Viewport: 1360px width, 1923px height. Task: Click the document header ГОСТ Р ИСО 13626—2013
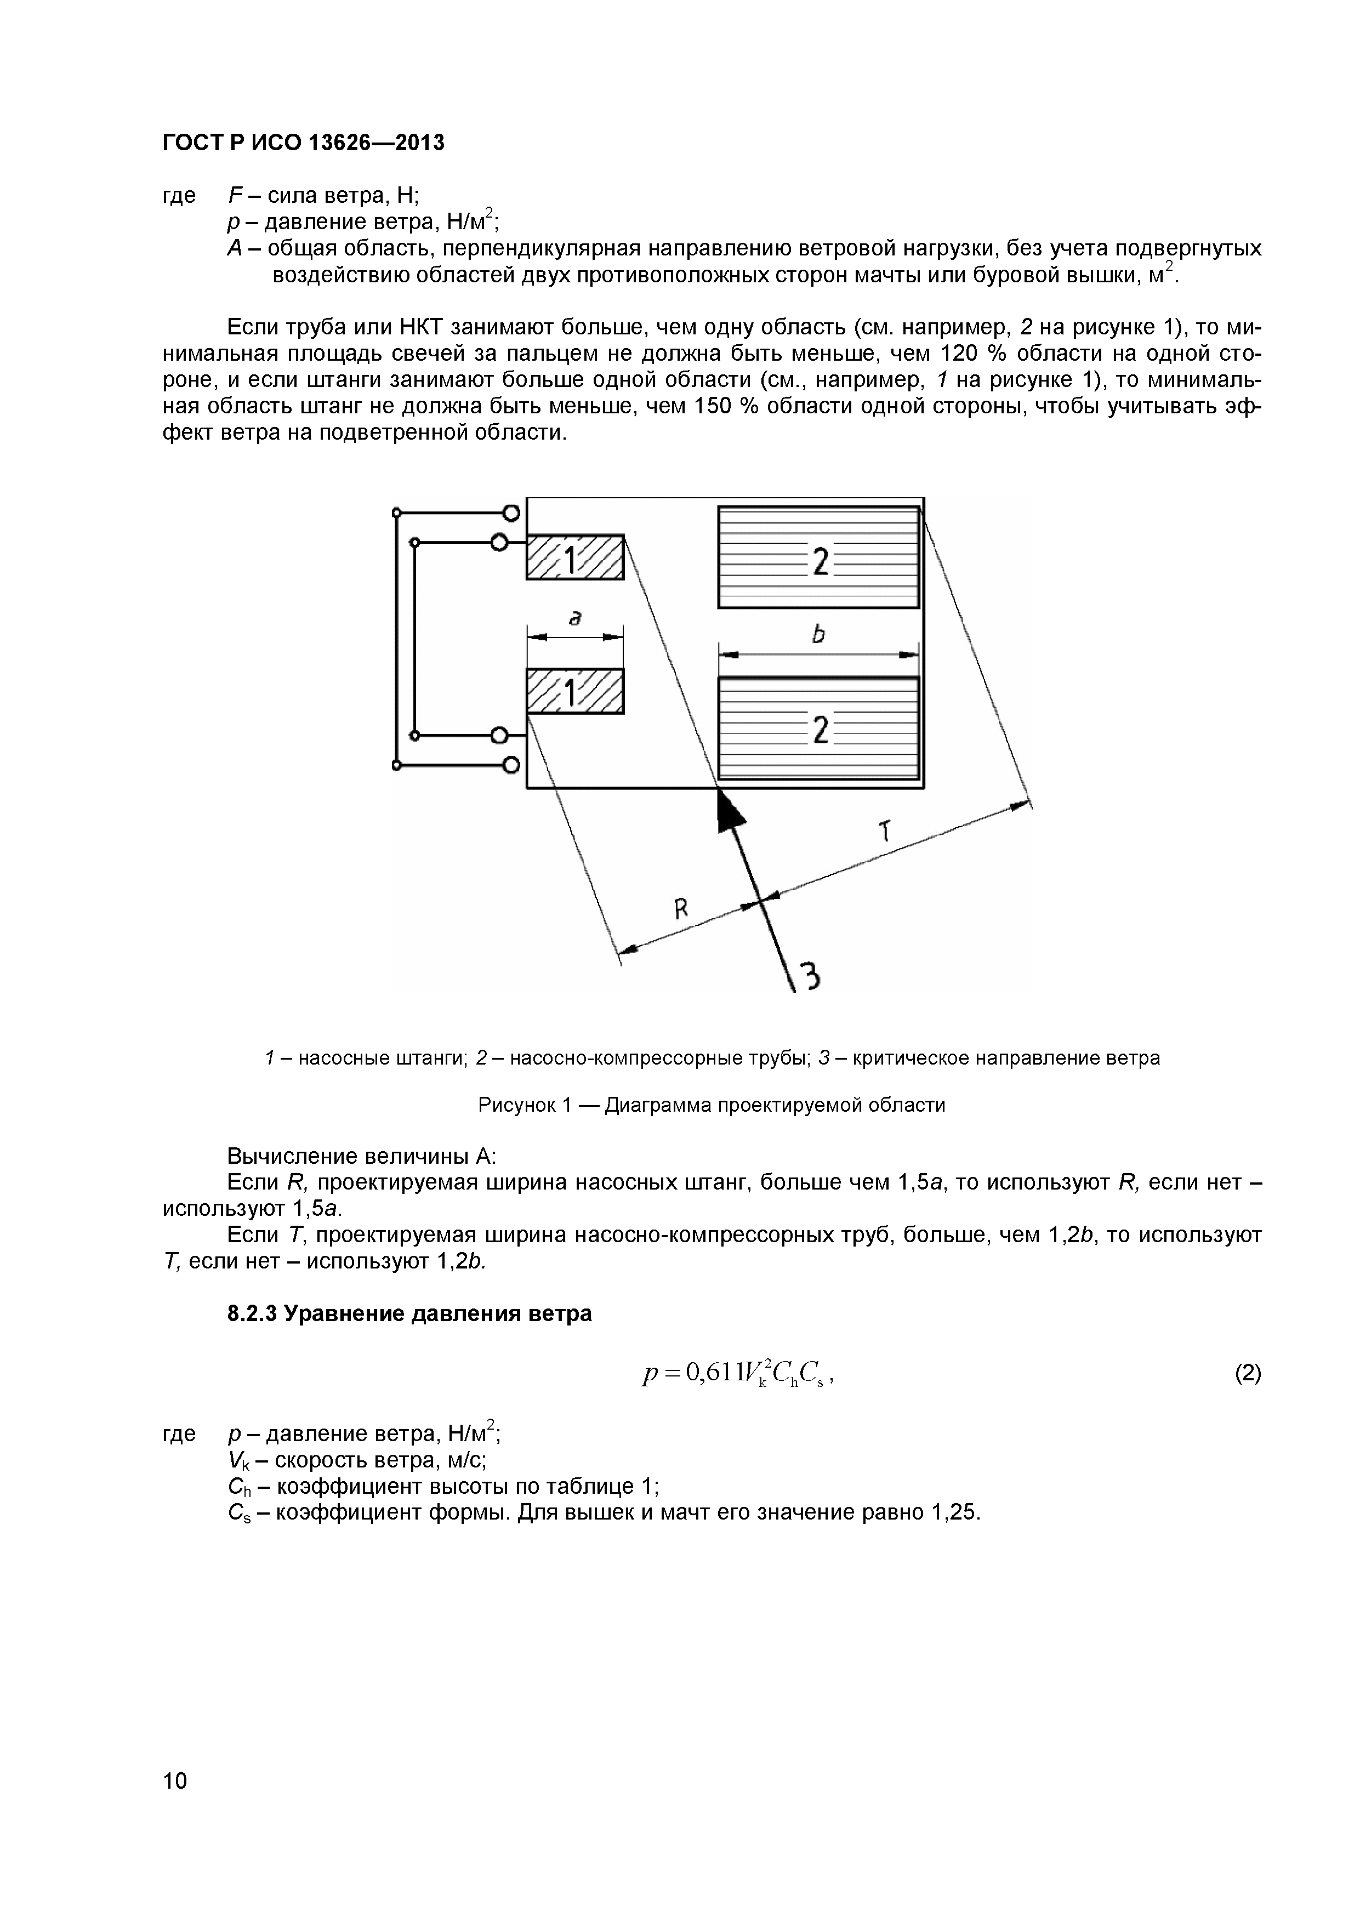click(303, 143)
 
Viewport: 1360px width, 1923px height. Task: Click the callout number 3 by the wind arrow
click(809, 976)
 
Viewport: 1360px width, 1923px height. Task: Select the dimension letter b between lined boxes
click(818, 634)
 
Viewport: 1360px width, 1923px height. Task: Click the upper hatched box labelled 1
click(574, 557)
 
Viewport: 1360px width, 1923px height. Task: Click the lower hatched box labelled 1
click(574, 692)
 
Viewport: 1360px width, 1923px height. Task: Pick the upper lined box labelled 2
click(818, 557)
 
